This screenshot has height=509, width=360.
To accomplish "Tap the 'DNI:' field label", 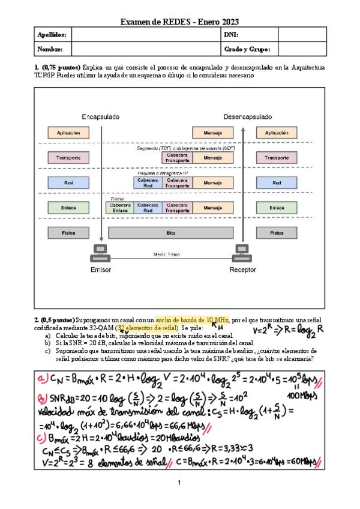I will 232,35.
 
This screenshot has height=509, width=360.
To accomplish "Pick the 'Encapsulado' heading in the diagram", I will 101,116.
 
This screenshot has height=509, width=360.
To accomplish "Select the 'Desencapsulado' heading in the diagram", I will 247,116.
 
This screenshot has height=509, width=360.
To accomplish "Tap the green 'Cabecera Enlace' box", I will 120,207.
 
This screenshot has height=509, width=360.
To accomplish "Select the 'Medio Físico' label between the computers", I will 170,254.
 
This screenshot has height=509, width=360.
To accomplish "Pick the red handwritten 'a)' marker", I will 44,380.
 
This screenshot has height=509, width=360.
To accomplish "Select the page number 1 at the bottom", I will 179,483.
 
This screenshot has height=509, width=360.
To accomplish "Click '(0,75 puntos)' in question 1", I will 61,68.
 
